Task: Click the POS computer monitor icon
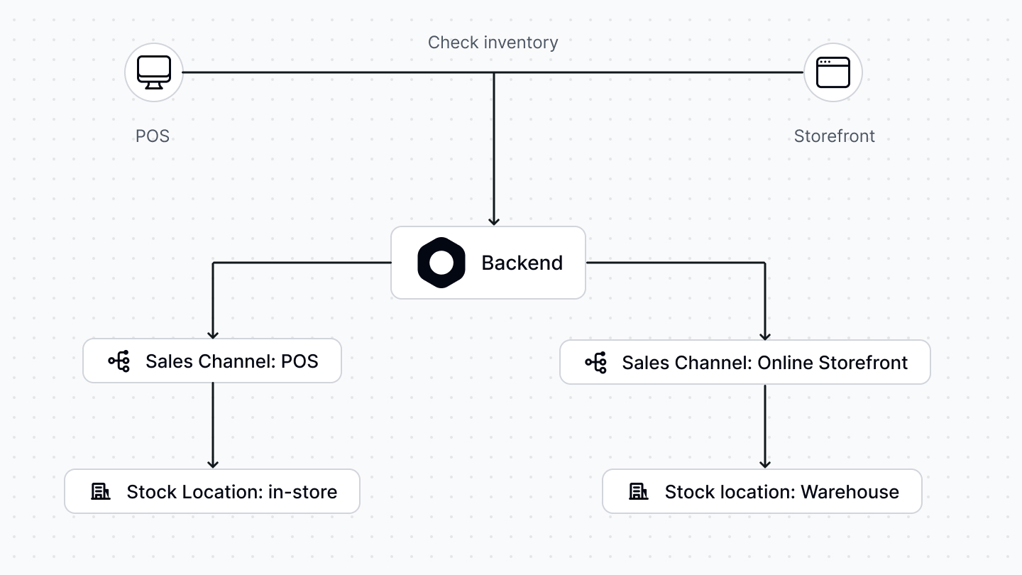154,72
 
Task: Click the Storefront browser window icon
833,72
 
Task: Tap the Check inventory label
493,43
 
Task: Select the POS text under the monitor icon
153,136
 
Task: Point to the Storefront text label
834,136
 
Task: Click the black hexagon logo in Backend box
441,263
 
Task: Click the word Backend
522,263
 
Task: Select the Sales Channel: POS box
212,361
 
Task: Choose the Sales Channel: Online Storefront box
744,362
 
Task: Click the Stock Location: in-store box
212,491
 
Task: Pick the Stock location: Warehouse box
762,491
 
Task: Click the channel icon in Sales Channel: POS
119,361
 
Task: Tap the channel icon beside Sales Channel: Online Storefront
596,362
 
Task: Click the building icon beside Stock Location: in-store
101,491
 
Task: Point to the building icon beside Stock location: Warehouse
639,491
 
